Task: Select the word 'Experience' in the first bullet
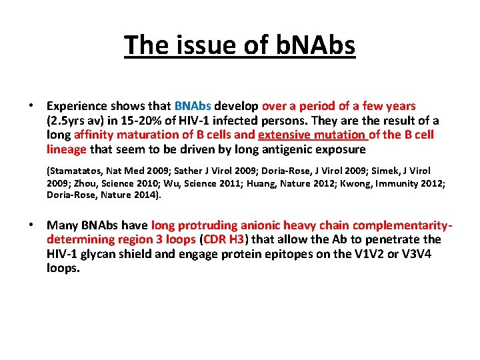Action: (76, 106)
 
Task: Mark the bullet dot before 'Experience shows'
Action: (31, 106)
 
